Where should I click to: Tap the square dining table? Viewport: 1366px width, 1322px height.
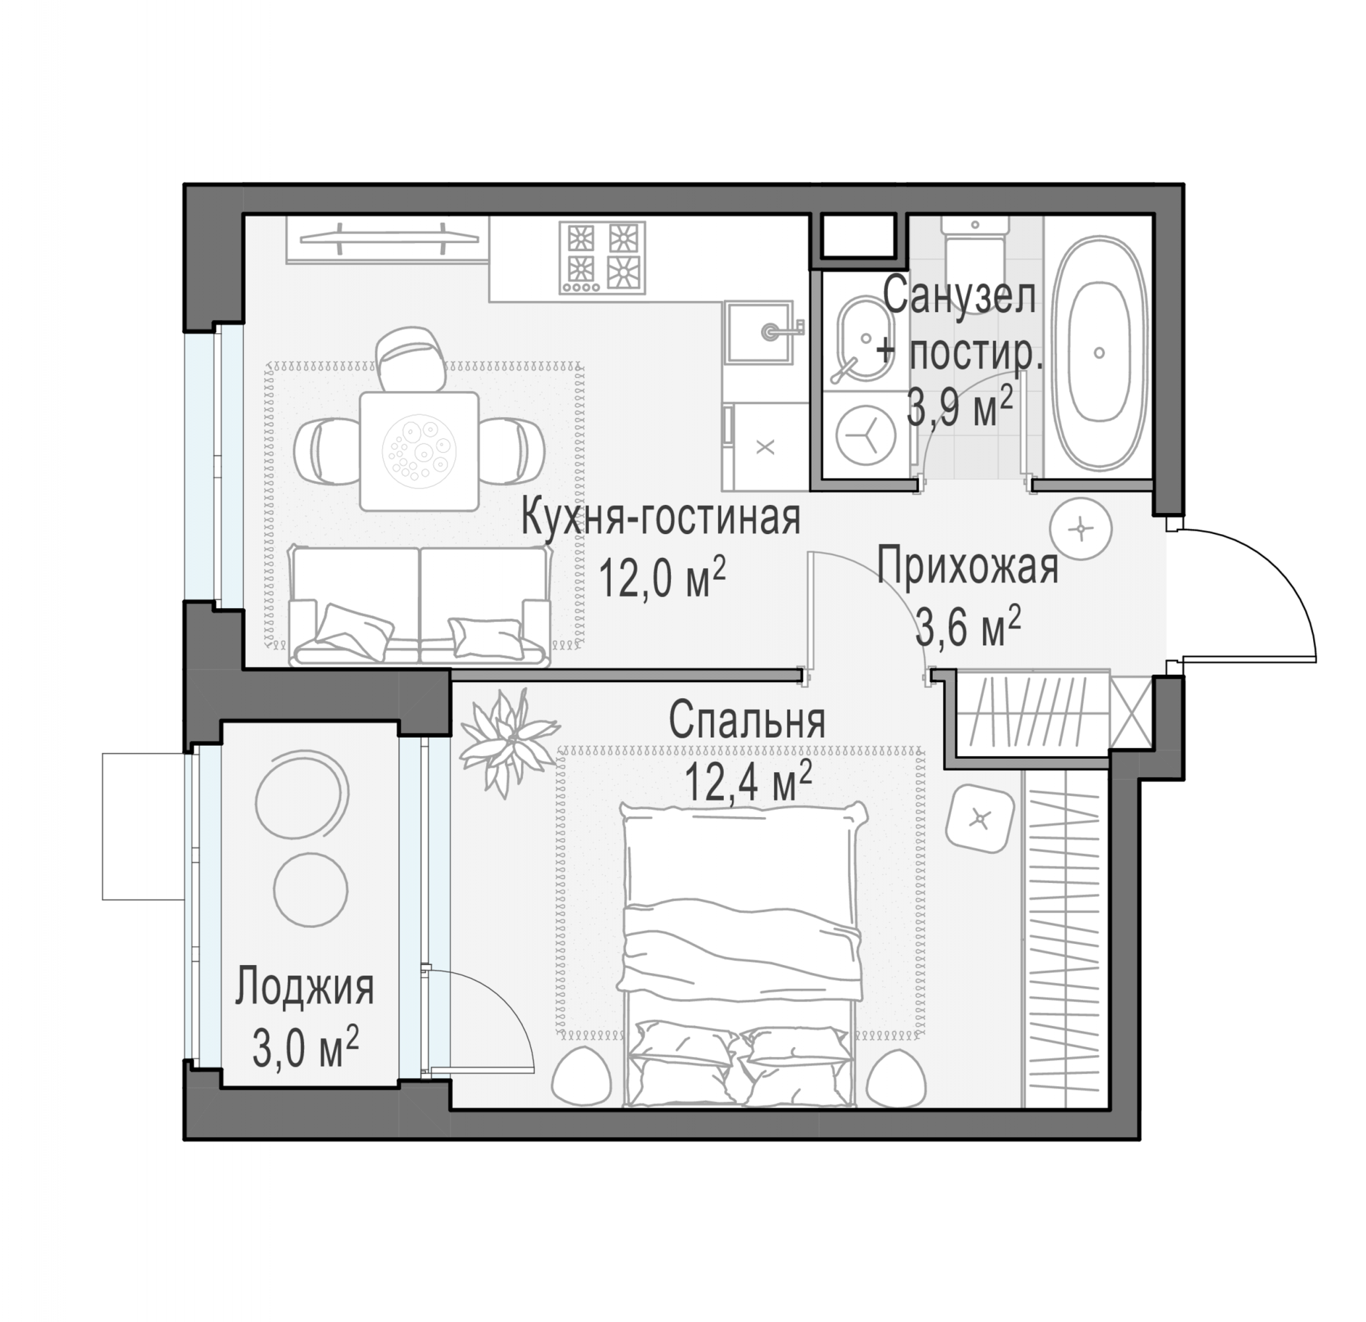coord(420,450)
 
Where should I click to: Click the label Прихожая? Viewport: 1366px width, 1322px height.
coord(967,566)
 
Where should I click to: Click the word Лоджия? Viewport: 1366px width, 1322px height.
coord(305,988)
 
